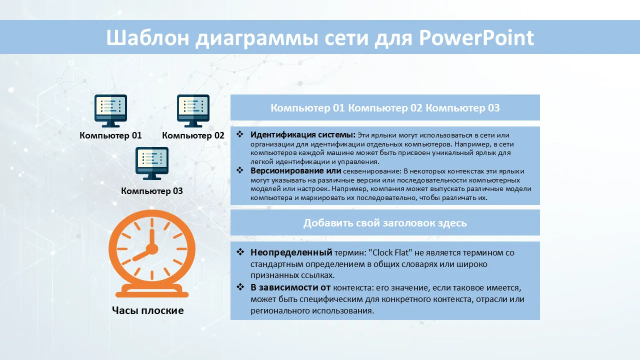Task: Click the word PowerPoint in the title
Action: (476, 37)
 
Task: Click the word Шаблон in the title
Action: (147, 37)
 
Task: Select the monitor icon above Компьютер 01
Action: (110, 111)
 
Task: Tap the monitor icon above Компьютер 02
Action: (193, 111)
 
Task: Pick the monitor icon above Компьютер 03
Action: (151, 163)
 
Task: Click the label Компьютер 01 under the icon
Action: (110, 135)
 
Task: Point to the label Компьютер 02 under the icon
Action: (193, 135)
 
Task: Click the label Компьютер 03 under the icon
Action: (151, 191)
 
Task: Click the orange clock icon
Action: (152, 253)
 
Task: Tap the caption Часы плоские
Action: (147, 310)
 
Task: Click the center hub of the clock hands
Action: (152, 249)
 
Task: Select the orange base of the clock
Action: (152, 291)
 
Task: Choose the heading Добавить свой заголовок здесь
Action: (385, 223)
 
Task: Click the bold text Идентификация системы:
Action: (303, 134)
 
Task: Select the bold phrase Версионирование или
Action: (295, 171)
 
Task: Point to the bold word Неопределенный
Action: (291, 252)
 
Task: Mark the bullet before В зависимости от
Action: (240, 287)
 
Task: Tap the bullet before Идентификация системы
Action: (240, 134)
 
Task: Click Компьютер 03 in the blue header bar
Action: (462, 108)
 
